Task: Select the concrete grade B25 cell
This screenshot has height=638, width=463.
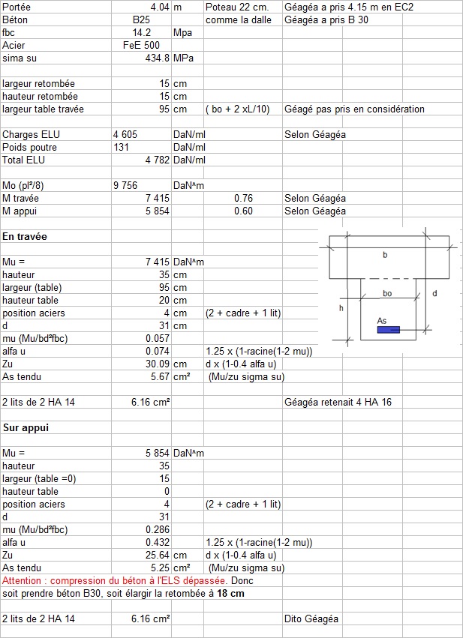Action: (x=141, y=20)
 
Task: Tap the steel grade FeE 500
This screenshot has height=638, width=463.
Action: (x=140, y=46)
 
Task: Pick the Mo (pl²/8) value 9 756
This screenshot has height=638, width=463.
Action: (x=127, y=185)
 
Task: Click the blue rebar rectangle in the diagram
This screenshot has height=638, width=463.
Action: (x=389, y=329)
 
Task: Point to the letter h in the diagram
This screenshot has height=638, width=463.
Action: (x=341, y=307)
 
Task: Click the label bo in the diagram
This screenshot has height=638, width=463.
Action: (x=387, y=293)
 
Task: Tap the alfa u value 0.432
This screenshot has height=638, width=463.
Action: (x=158, y=542)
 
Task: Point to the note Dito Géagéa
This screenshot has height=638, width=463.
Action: (x=311, y=619)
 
